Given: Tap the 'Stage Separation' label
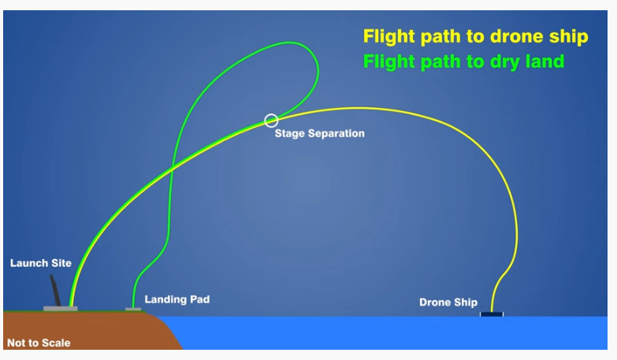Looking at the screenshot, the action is [319, 134].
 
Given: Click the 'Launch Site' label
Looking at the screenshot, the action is [41, 263].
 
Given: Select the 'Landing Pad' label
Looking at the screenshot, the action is [177, 299].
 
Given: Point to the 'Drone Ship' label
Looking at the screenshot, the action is [448, 302].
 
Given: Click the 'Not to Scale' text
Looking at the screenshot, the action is [39, 343].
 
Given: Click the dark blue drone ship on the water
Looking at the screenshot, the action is [492, 314].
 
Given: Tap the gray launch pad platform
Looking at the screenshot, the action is [60, 309].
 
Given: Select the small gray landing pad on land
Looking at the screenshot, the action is [133, 310].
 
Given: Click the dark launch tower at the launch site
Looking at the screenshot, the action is [55, 291].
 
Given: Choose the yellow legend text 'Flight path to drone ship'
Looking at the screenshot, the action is [476, 36].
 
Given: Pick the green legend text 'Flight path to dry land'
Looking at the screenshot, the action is [463, 61].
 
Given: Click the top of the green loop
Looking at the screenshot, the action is [290, 42].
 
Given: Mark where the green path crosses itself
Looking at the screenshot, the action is [172, 169].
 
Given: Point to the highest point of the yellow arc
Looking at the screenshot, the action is [358, 108].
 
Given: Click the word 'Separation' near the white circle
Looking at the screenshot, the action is [336, 134].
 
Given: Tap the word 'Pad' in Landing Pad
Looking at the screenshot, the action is [200, 299].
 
